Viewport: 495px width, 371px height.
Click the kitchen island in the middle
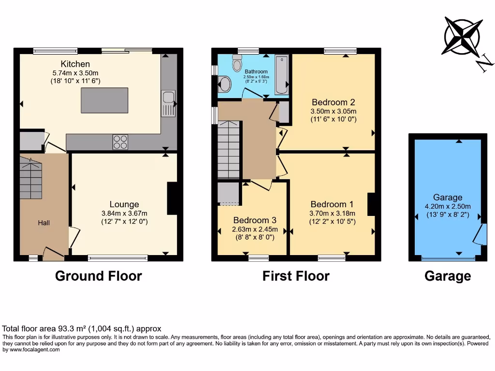pyautogui.click(x=104, y=100)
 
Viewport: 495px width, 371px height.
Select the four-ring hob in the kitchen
pyautogui.click(x=120, y=142)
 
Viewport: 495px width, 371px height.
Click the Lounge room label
pyautogui.click(x=124, y=204)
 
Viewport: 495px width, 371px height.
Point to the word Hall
pyautogui.click(x=44, y=223)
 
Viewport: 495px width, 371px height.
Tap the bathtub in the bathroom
pyautogui.click(x=281, y=75)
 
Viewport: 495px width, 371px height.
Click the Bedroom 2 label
pyautogui.click(x=334, y=102)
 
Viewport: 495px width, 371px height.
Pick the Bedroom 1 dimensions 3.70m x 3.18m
pyautogui.click(x=333, y=214)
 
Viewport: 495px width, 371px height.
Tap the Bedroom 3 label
pyautogui.click(x=255, y=220)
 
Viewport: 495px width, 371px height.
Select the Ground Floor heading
pyautogui.click(x=98, y=276)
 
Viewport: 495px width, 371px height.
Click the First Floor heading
pyautogui.click(x=296, y=276)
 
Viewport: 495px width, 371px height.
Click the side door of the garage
pyautogui.click(x=478, y=235)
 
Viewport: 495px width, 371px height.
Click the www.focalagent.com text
pyautogui.click(x=32, y=350)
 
